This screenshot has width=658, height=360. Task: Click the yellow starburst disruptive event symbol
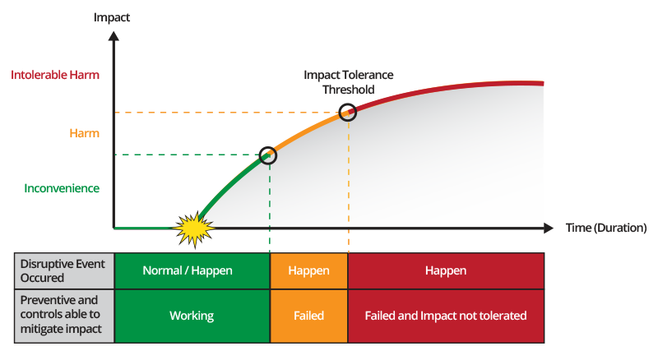194,228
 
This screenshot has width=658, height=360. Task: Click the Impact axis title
112,17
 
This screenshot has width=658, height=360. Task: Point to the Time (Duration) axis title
606,228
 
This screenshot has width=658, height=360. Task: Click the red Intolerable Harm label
55,75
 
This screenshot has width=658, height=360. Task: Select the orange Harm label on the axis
85,133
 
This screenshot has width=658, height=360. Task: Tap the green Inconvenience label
62,188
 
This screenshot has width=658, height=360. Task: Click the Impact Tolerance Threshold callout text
348,82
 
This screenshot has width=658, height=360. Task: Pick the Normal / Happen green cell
192,271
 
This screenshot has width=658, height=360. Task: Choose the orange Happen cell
309,271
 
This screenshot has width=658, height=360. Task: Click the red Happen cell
446,271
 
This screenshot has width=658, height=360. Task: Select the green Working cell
192,316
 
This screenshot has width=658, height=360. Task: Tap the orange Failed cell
309,316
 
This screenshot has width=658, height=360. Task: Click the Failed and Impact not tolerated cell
446,316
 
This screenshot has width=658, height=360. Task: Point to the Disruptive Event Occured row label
64,271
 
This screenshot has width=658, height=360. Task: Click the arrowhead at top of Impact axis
114,35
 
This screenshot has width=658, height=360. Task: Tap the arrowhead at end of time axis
549,228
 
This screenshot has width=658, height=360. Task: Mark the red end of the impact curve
544,84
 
